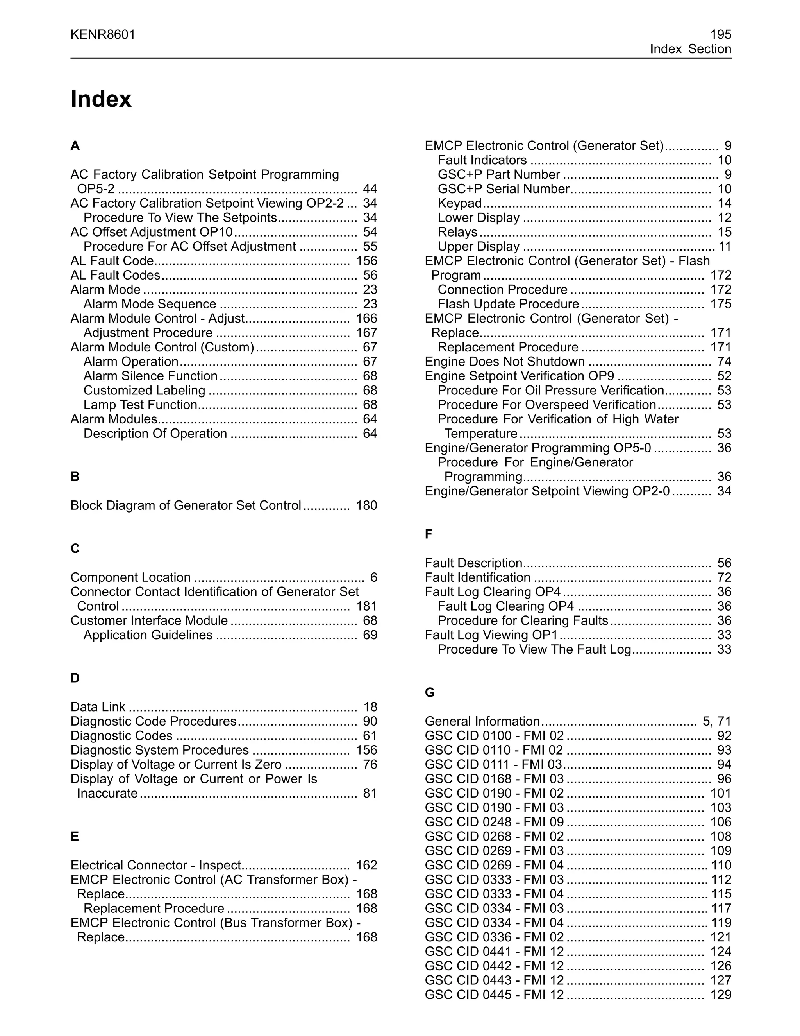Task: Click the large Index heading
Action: coord(100,99)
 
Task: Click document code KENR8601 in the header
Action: coord(103,35)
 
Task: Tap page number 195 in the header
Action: coord(720,35)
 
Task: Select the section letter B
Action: coord(75,477)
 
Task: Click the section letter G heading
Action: coord(429,693)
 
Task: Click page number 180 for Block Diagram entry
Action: coord(366,505)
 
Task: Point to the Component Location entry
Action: coord(130,577)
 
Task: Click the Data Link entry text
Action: coord(98,707)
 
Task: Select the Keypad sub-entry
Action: coord(459,204)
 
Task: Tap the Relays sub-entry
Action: coord(457,232)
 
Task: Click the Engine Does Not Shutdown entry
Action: coord(504,362)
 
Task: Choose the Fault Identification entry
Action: coord(477,577)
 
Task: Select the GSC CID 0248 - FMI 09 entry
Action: coord(494,822)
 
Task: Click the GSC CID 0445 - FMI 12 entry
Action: coord(494,995)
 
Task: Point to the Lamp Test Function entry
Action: coord(140,405)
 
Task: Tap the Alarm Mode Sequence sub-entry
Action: coord(150,304)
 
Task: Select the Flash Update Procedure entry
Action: coord(508,304)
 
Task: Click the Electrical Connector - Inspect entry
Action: coord(156,865)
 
